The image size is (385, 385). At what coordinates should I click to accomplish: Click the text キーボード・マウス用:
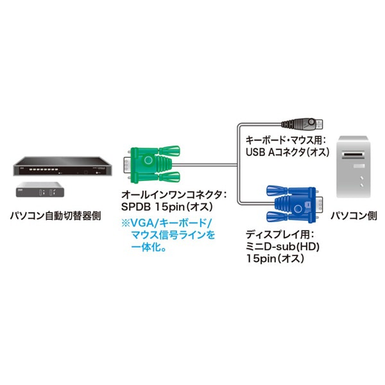286,139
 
